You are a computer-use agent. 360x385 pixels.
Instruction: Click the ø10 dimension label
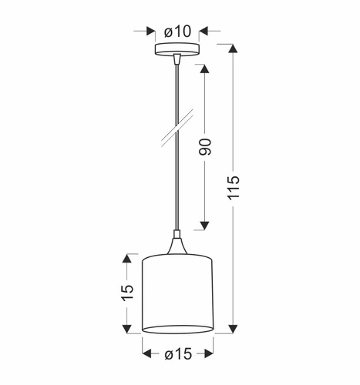177,32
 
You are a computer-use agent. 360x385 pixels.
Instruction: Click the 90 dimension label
205,147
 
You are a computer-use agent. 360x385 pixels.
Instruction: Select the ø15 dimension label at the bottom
177,353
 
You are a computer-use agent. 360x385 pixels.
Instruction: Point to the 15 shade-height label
128,292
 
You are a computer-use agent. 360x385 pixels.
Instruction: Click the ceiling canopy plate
177,50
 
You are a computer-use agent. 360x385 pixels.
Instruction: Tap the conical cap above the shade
177,246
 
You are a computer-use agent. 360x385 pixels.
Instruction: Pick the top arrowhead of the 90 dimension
205,69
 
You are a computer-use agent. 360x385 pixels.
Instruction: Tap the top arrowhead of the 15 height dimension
128,259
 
